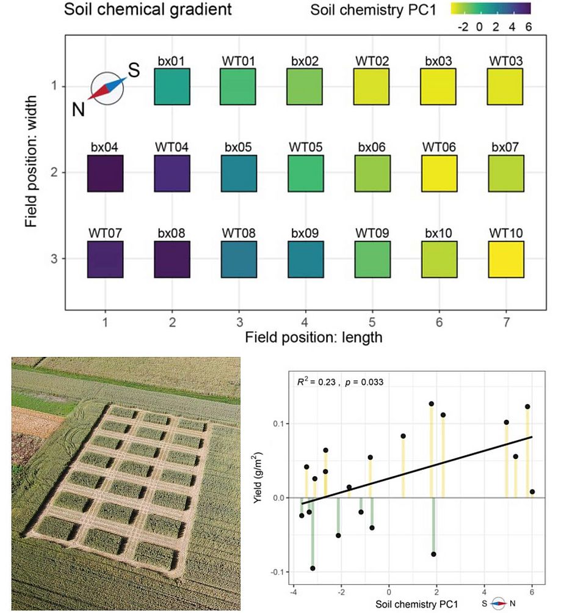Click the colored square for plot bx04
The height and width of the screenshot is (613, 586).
(105, 174)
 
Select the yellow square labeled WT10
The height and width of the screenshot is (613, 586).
(505, 260)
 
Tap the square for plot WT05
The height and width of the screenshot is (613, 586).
(305, 174)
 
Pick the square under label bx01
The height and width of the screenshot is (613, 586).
(172, 87)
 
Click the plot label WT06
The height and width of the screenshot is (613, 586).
(439, 148)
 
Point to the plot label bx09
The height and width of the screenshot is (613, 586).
(305, 233)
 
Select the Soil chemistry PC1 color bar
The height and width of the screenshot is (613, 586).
(490, 9)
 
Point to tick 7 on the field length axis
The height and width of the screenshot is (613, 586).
(505, 320)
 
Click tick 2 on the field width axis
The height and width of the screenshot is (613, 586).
(54, 174)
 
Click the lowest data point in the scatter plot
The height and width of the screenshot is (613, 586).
(313, 568)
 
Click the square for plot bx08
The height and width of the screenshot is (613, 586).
(172, 260)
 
